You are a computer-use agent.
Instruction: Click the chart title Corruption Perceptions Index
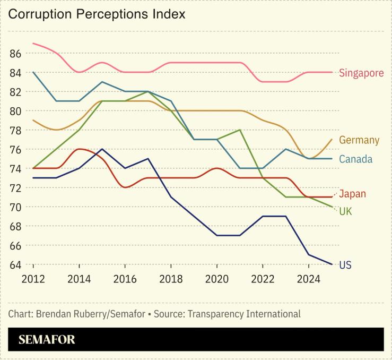pos(97,14)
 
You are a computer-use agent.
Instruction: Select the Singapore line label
pos(361,73)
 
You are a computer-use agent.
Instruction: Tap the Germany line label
pos(359,140)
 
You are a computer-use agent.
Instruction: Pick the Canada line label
pos(355,159)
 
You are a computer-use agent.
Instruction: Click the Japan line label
pos(352,194)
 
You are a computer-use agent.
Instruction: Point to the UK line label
pos(346,212)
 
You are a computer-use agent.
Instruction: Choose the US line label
pos(345,265)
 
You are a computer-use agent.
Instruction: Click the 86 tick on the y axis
pos(15,54)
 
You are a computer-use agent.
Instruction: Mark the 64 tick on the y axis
pos(15,265)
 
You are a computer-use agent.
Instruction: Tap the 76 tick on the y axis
pos(15,150)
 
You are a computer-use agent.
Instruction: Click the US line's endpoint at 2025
pos(332,264)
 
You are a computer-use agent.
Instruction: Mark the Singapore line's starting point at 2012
pos(33,43)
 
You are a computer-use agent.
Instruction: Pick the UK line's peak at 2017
pos(148,91)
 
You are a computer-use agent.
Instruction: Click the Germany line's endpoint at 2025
pos(332,139)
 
